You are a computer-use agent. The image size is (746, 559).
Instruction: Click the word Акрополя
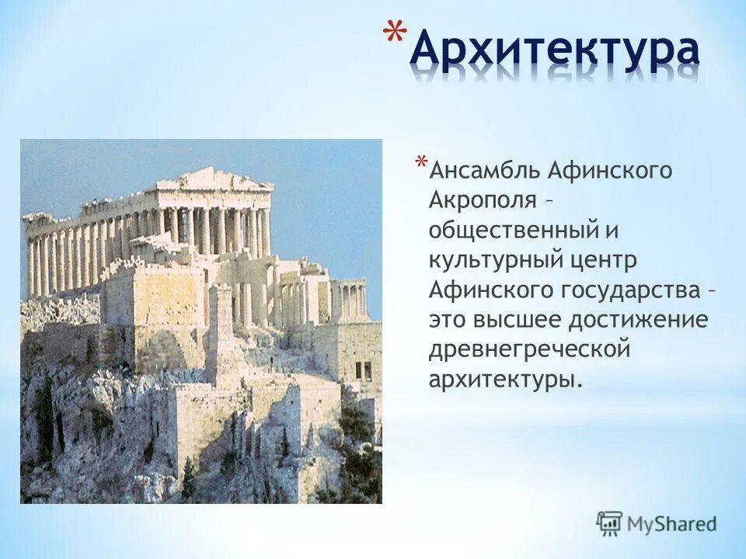coord(483,200)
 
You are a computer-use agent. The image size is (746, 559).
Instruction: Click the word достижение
coord(647,320)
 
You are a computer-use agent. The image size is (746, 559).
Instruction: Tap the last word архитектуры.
coord(504,380)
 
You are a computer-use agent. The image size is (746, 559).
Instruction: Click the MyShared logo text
coord(671,523)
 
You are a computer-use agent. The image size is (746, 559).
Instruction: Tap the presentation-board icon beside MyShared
coord(610,523)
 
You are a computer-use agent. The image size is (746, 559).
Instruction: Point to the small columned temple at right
coord(349,298)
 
